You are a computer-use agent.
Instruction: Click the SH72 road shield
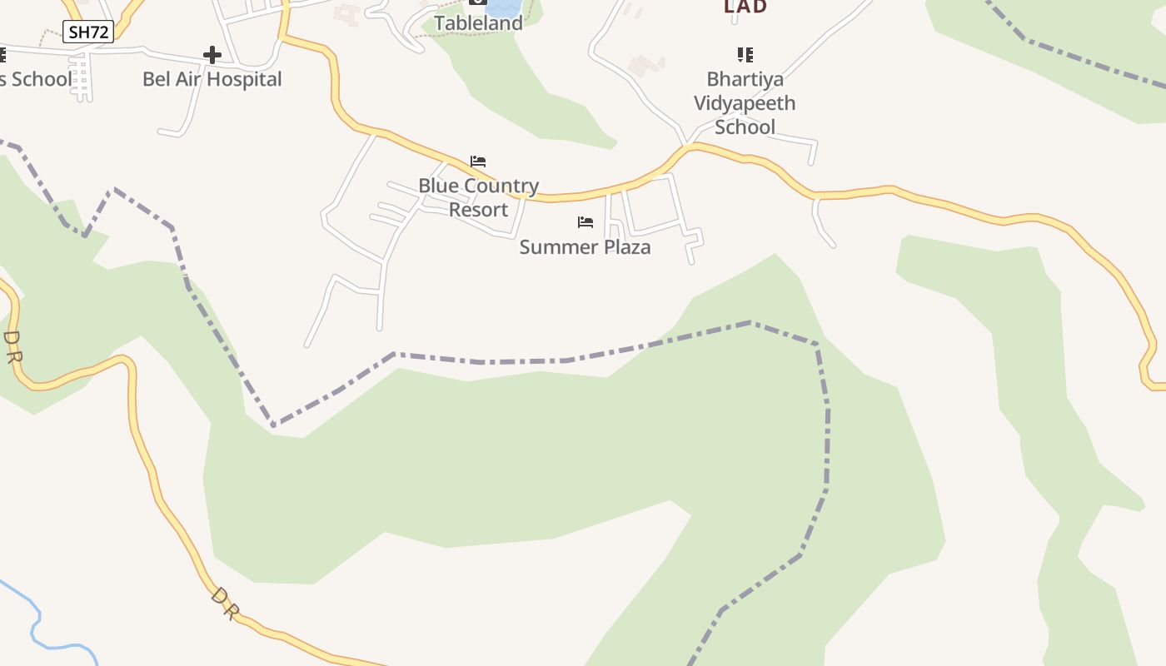tap(88, 32)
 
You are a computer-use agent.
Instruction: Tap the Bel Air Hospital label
tap(212, 79)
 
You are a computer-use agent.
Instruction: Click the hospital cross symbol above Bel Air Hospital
tap(212, 56)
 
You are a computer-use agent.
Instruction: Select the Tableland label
tap(478, 23)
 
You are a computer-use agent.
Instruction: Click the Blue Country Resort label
tap(478, 197)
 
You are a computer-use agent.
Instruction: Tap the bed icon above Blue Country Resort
tap(478, 162)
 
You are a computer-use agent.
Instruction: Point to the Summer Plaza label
tap(585, 247)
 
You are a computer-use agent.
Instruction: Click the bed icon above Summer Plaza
tap(585, 222)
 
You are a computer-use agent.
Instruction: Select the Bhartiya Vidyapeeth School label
tap(745, 103)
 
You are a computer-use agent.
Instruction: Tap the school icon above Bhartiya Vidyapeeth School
tap(745, 55)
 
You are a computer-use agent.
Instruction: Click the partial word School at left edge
tap(37, 80)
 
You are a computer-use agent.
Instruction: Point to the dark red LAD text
tap(745, 7)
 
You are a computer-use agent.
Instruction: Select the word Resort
tap(478, 210)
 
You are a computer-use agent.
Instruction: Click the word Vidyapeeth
tap(745, 103)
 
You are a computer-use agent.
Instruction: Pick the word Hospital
tap(245, 79)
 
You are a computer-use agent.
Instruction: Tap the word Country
tap(497, 186)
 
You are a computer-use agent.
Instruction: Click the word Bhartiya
tap(745, 80)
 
